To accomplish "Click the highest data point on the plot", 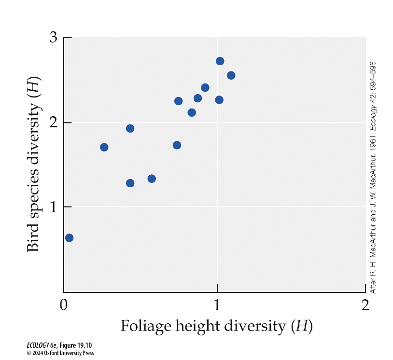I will tap(220, 61).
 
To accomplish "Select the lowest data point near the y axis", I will tap(69, 238).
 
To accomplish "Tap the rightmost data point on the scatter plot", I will tap(231, 75).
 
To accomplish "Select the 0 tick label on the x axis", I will tap(63, 306).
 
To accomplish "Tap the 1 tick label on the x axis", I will tap(217, 306).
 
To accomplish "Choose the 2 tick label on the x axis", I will tap(365, 306).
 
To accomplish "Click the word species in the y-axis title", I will tap(33, 188).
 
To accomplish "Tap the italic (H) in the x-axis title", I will tap(301, 327).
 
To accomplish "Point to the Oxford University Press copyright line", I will tap(60, 353).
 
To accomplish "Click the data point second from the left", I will tap(104, 147).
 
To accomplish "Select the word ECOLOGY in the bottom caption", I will tap(37, 346).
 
